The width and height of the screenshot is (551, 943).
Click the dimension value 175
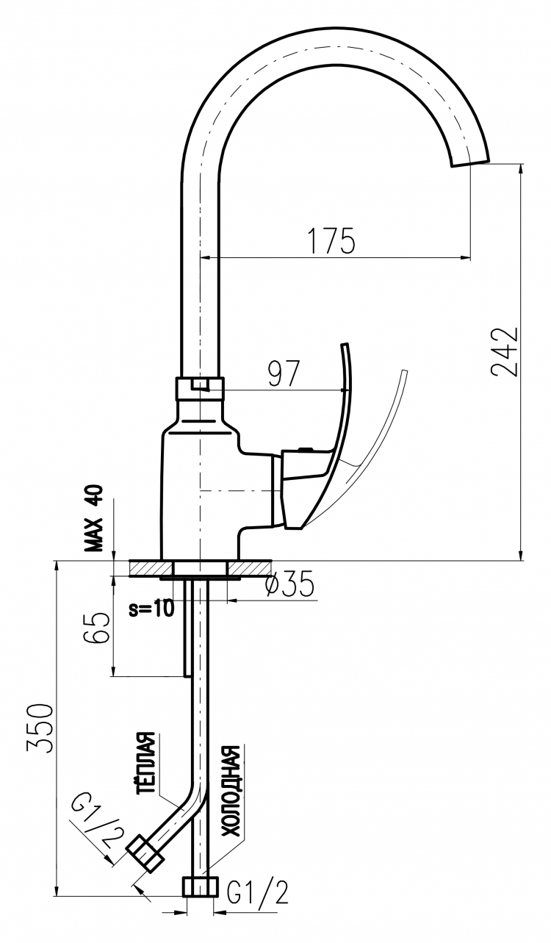pyautogui.click(x=331, y=241)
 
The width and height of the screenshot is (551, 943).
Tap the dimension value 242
pyautogui.click(x=504, y=351)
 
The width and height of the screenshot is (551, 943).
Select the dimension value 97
pyautogui.click(x=284, y=373)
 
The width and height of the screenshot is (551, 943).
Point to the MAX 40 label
pyautogui.click(x=93, y=519)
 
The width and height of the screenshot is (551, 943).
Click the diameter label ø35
pyautogui.click(x=291, y=584)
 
